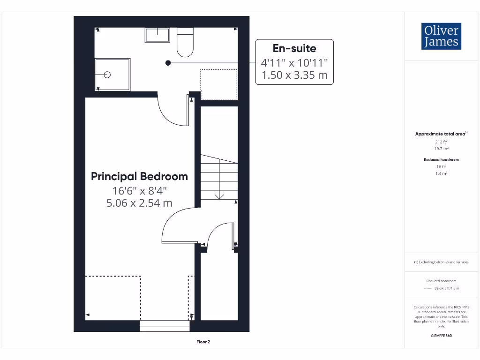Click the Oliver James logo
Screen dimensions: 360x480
tap(441, 36)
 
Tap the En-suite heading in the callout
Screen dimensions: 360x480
tap(294, 48)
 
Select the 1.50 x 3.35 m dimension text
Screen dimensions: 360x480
tap(294, 75)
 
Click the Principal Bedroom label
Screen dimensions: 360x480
tap(139, 177)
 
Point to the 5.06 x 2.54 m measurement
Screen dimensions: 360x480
tap(139, 203)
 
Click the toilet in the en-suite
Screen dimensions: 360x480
tap(185, 42)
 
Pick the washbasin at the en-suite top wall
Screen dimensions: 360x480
tap(157, 35)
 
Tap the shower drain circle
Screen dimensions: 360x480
tap(107, 75)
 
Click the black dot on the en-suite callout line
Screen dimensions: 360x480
tap(168, 62)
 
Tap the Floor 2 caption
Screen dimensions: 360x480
tap(203, 342)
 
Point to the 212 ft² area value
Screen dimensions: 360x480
tap(441, 141)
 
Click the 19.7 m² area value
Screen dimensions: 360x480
tap(441, 148)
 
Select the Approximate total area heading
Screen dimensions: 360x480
tap(441, 134)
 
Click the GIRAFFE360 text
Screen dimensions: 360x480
tap(441, 336)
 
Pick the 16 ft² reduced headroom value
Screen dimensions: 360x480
tap(441, 166)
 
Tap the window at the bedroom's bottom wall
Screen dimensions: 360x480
tap(165, 326)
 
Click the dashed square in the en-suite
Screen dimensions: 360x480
tap(219, 84)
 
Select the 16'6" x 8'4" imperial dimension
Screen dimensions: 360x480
tap(139, 191)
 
